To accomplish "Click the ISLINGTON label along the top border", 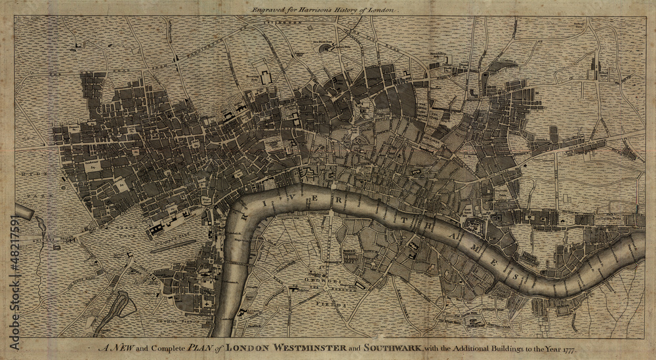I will point(282,22).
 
